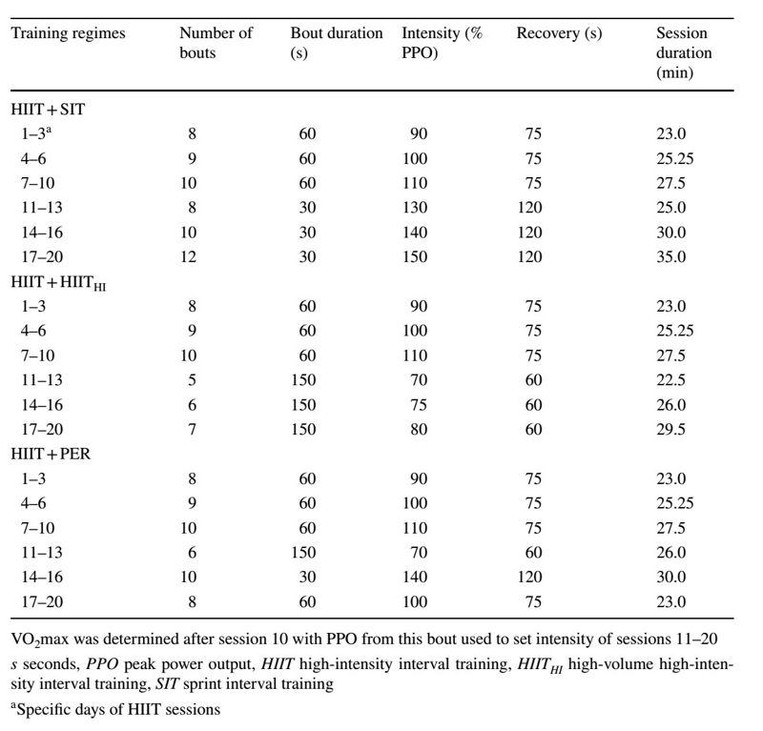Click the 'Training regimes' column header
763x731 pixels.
point(68,33)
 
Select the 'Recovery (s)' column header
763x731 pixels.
point(559,33)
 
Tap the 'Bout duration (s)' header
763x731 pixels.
point(337,43)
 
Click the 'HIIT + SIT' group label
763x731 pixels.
point(48,109)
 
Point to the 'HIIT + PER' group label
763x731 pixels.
point(51,454)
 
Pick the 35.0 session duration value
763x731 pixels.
point(671,256)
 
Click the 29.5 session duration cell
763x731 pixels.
point(671,429)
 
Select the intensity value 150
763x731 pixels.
point(415,256)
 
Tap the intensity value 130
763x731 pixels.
point(415,208)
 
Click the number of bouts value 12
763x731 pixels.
point(188,256)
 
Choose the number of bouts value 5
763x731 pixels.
point(193,380)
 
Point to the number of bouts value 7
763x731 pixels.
point(193,429)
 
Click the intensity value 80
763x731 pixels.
point(419,429)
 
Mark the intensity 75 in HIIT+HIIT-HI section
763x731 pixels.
point(419,405)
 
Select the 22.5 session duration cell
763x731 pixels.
point(671,380)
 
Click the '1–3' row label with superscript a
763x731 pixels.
point(36,133)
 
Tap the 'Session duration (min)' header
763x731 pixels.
point(684,52)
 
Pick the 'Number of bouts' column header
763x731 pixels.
point(217,43)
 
